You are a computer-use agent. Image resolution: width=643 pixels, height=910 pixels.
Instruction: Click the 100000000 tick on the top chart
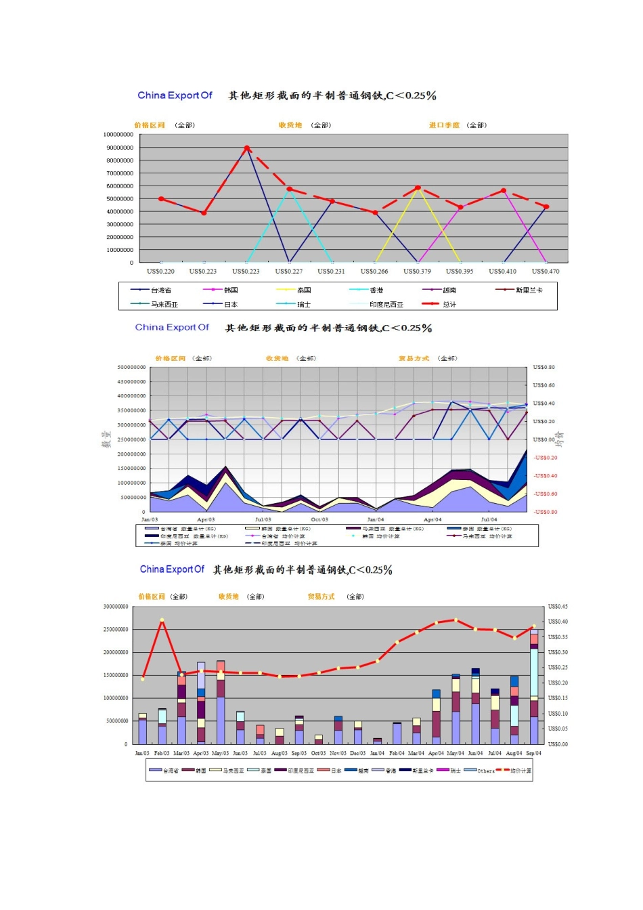tap(118, 135)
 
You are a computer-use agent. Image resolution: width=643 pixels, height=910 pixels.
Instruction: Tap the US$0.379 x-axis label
tap(417, 272)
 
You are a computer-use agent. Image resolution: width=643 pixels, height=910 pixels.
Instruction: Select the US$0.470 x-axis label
tap(546, 272)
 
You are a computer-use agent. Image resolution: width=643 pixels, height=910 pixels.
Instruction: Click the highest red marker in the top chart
tap(247, 148)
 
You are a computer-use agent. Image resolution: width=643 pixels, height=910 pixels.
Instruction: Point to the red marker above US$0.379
tap(418, 188)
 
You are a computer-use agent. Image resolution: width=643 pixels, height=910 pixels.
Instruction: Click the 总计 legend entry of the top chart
tap(449, 305)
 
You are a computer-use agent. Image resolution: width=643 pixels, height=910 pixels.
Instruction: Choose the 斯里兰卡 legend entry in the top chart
tap(529, 290)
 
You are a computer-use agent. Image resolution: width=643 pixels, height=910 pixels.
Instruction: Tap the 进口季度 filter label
tap(444, 125)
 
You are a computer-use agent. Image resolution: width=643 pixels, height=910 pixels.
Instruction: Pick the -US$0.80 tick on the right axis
tap(545, 512)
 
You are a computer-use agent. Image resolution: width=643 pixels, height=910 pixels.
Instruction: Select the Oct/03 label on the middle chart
tap(319, 520)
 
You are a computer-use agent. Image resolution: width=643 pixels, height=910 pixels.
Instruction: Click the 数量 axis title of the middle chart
tap(106, 439)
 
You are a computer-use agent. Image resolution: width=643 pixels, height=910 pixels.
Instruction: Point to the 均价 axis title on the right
tap(560, 439)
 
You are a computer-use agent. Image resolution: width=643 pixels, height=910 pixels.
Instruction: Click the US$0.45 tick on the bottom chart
tap(558, 607)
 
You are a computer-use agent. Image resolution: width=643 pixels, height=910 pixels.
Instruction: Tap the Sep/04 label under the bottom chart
tap(533, 753)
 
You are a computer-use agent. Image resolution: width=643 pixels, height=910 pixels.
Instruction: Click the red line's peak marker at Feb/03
tap(162, 620)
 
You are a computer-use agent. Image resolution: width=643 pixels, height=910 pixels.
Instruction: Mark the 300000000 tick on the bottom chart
tap(116, 607)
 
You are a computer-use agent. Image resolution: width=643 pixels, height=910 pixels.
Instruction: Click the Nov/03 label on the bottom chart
tap(338, 753)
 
